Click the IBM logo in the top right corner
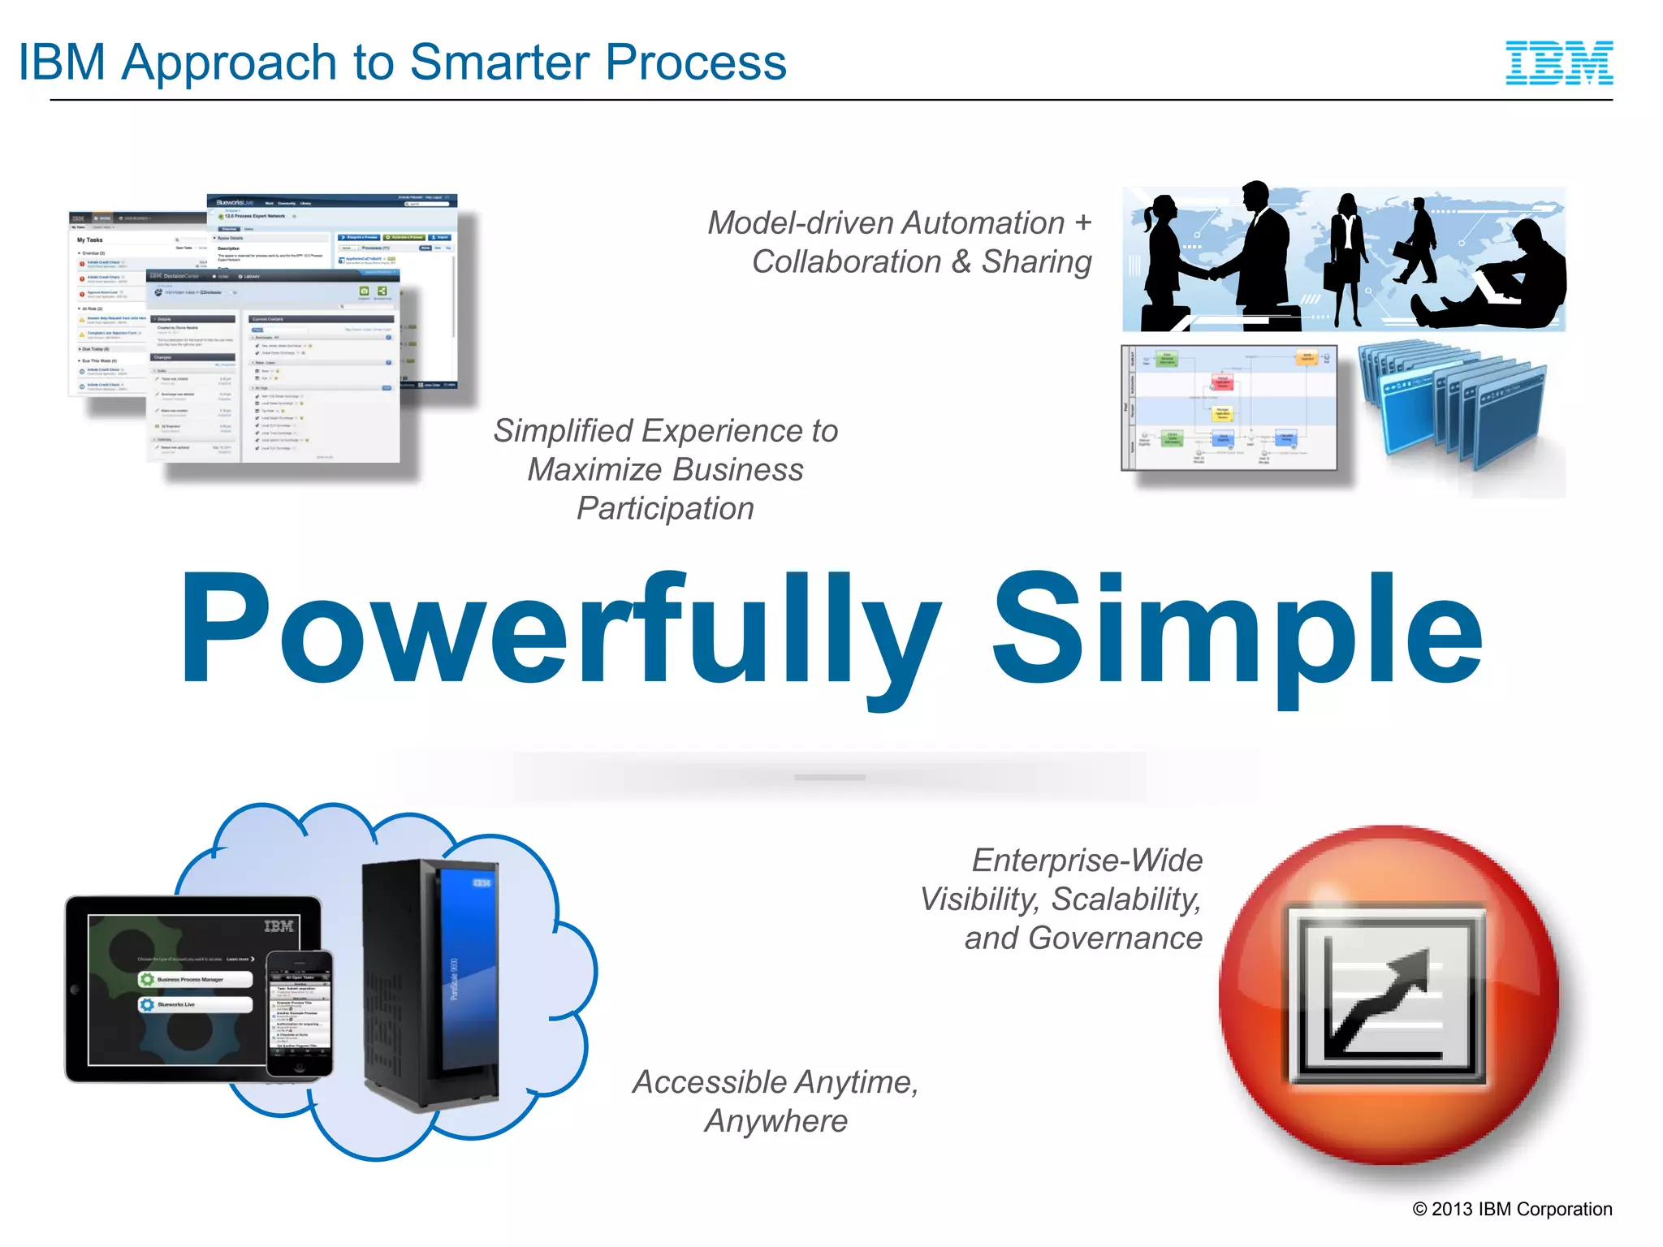[1558, 63]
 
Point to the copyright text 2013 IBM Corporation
[1512, 1209]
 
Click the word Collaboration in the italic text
[847, 262]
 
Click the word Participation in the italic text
[665, 509]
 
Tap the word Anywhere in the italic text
[775, 1121]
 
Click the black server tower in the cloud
[430, 982]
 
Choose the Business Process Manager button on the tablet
[195, 980]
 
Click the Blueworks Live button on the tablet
[195, 1005]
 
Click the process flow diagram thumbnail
[1229, 408]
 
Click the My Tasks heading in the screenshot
[90, 240]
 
